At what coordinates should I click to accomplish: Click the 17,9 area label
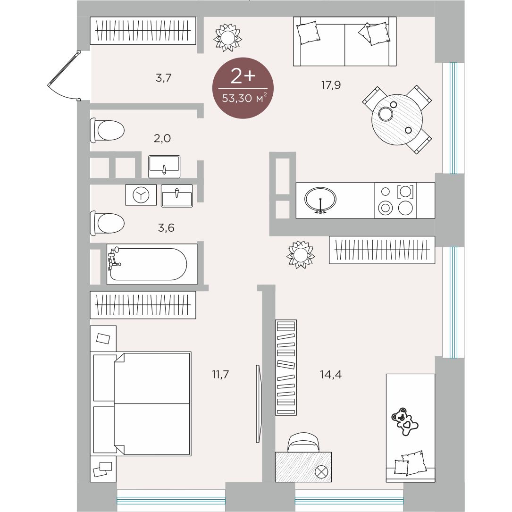[x=331, y=85]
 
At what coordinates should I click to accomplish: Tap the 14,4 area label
[x=331, y=375]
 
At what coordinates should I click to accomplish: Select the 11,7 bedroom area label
[x=220, y=374]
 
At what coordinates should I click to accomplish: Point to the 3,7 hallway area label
[x=164, y=78]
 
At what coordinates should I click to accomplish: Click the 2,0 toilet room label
[x=162, y=138]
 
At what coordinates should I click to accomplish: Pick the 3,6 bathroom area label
[x=166, y=227]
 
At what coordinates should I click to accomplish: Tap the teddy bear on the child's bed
[x=405, y=421]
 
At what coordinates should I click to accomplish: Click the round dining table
[x=397, y=120]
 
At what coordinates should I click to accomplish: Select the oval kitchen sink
[x=320, y=199]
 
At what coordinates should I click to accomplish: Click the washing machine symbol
[x=141, y=195]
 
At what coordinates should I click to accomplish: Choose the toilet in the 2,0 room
[x=108, y=130]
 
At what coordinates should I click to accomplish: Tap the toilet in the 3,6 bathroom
[x=108, y=223]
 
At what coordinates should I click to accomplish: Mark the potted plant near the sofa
[x=227, y=38]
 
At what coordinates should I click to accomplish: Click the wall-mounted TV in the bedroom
[x=258, y=403]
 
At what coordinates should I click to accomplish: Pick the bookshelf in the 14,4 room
[x=286, y=367]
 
